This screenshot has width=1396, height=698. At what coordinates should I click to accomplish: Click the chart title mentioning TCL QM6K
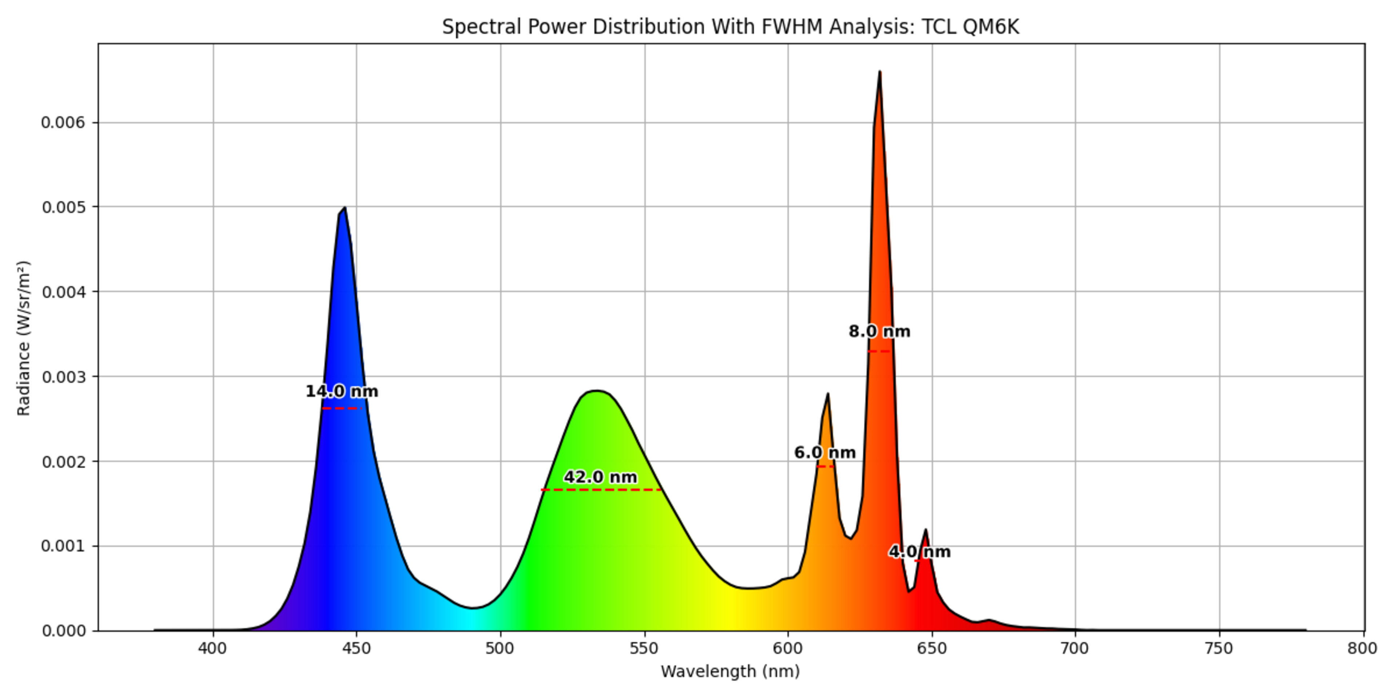pos(730,27)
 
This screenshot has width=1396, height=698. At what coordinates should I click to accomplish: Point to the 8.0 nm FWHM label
pos(879,331)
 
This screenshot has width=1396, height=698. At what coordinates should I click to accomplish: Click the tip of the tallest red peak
pos(879,72)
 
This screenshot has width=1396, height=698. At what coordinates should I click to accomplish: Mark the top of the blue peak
pos(345,208)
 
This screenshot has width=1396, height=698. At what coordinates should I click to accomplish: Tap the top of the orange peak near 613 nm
pos(827,394)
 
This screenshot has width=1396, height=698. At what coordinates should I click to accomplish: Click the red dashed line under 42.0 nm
pos(601,490)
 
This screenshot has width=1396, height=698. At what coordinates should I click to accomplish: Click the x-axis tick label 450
pos(357,648)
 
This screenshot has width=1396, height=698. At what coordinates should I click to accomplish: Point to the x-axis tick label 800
pos(1363,648)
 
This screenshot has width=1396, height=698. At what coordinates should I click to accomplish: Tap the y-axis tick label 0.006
pos(63,123)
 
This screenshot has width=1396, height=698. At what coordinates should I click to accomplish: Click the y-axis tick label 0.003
pos(63,377)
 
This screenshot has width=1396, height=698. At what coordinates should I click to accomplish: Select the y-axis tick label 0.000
pos(63,631)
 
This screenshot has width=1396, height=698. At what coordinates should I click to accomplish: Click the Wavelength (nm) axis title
pos(730,671)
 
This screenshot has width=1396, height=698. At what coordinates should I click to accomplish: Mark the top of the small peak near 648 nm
pos(925,530)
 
